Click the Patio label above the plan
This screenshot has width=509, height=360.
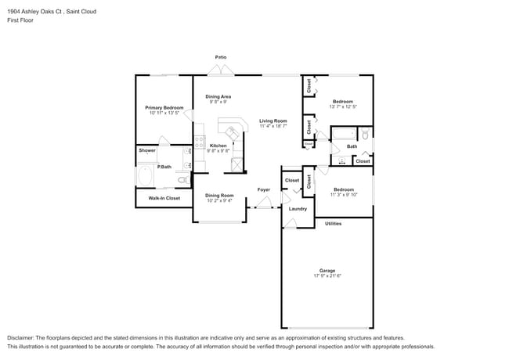222,57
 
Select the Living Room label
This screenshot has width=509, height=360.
273,121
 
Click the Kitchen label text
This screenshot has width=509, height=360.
218,146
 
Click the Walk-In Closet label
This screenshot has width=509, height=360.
159,198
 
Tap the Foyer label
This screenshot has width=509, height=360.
264,189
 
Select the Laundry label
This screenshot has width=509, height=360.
298,209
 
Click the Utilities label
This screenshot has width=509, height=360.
334,224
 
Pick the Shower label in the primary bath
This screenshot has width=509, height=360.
147,150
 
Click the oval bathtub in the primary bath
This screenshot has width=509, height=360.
146,177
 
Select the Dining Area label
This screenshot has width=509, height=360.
218,96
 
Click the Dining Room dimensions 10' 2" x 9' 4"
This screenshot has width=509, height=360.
220,200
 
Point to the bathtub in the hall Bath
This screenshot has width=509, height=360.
345,135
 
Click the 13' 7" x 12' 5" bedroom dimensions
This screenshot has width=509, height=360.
343,106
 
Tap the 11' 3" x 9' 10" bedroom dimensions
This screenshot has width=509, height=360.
343,194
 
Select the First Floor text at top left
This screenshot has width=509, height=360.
19,20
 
